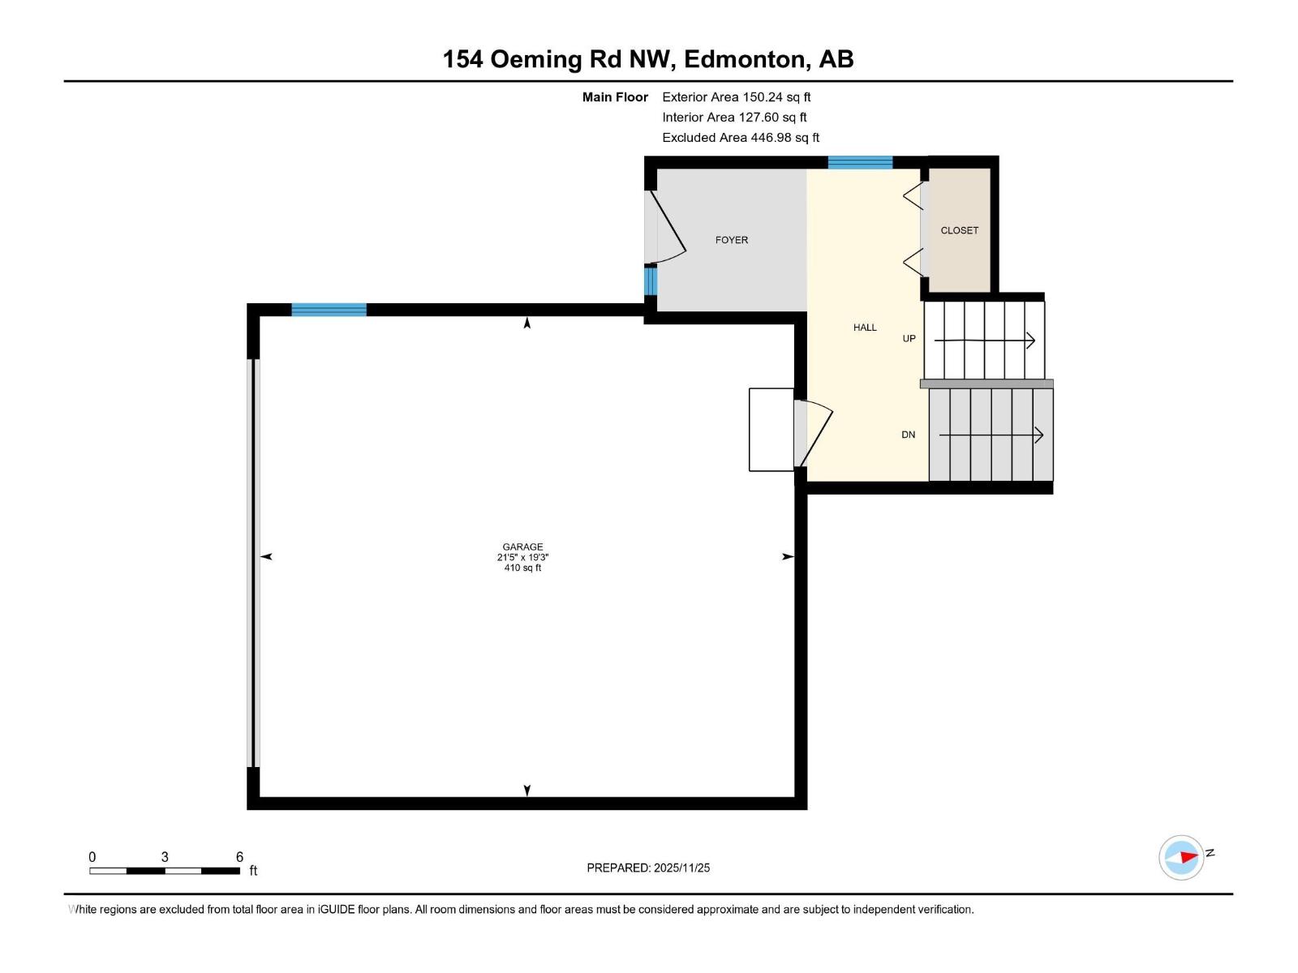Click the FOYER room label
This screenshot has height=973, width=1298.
point(731,240)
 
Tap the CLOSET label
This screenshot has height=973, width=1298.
point(959,230)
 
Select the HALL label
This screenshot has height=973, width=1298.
point(865,328)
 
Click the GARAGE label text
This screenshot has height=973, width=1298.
point(522,547)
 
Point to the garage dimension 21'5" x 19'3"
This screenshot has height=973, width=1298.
point(522,557)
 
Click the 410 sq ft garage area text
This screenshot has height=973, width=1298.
point(522,568)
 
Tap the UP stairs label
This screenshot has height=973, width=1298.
point(909,339)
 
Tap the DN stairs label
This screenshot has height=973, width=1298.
point(908,435)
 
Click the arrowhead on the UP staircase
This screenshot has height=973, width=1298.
point(1031,341)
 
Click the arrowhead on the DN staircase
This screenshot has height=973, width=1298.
point(1039,435)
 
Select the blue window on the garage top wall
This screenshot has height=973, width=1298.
point(329,310)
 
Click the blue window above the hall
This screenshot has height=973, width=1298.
point(860,162)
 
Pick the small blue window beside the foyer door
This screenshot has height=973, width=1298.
point(650,281)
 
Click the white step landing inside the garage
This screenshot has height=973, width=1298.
point(771,430)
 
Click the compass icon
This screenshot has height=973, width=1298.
point(1181,857)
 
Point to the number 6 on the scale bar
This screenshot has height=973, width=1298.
point(239,856)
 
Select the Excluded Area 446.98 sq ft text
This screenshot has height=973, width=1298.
point(740,138)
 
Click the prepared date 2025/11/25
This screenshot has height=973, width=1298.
point(681,868)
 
